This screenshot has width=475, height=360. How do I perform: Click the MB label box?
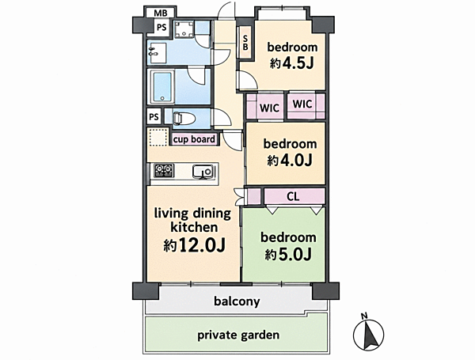point(160,13)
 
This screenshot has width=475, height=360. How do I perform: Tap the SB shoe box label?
point(245,43)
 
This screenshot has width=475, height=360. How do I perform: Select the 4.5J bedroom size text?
point(291,63)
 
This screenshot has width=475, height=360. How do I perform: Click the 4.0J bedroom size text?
point(289,161)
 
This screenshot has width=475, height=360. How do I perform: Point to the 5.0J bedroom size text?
point(288,255)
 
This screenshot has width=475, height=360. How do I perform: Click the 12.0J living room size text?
point(195,245)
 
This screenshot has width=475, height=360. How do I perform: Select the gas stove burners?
point(164,170)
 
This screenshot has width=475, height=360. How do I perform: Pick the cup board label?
point(194,139)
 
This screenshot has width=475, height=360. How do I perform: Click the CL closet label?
point(293,196)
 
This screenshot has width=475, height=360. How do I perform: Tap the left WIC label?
point(269,108)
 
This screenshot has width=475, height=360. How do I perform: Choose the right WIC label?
point(302,104)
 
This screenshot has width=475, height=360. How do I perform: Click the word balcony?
point(237,301)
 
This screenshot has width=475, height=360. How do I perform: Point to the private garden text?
point(238,335)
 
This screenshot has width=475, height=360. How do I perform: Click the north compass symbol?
point(369,333)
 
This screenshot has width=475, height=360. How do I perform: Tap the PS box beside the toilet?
point(154,117)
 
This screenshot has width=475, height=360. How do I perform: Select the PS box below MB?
point(161,28)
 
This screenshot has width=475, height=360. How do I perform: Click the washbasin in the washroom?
point(157,53)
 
